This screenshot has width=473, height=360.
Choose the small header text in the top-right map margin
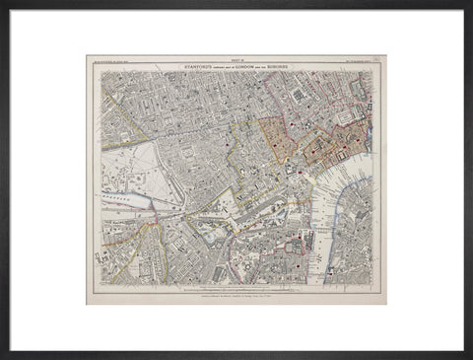(x=359, y=61)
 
